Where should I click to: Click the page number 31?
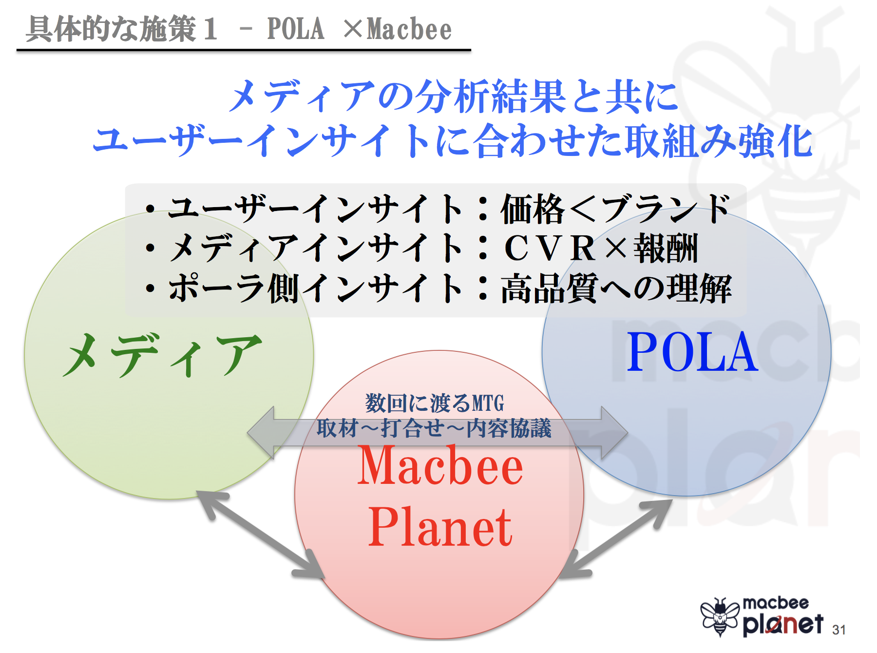[x=839, y=630]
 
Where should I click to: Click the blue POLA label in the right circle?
[x=692, y=352]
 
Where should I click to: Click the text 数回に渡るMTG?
[x=435, y=403]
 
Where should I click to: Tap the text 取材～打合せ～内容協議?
[x=434, y=428]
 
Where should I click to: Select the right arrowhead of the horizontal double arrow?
[x=614, y=433]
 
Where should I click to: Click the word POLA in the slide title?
[x=296, y=29]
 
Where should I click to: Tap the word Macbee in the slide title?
[x=409, y=29]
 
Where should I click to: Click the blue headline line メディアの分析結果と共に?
[x=454, y=96]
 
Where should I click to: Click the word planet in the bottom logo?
[x=783, y=624]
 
